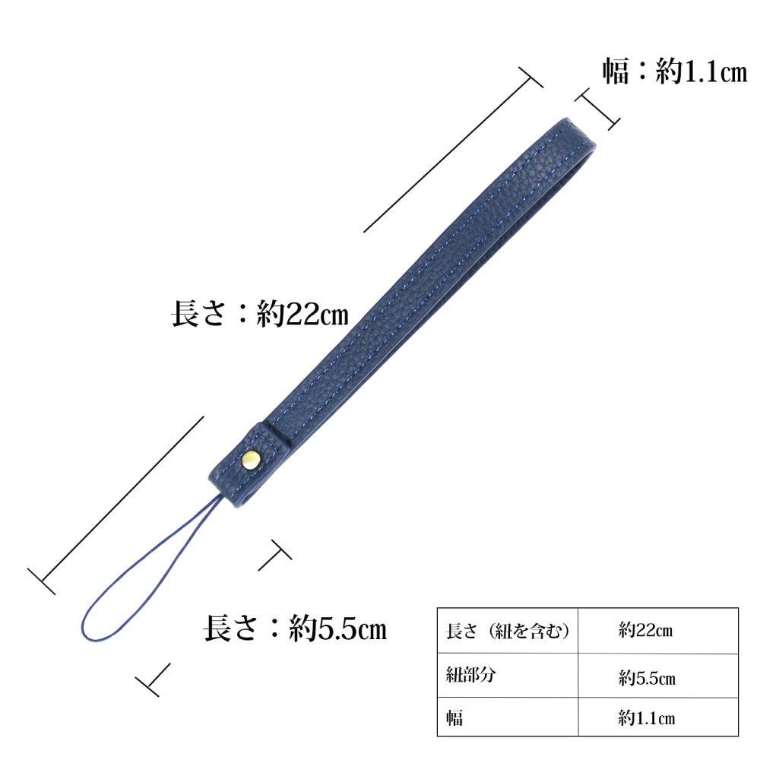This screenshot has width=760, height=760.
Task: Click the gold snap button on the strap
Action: coord(251,460)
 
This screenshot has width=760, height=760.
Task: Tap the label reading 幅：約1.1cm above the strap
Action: coord(675,71)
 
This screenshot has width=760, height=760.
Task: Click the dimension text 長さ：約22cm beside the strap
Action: coord(260,314)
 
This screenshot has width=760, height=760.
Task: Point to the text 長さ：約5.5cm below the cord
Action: coord(295,629)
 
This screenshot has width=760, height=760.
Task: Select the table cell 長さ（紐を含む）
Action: coord(508,631)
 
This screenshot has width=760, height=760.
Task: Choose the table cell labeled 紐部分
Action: coord(508,675)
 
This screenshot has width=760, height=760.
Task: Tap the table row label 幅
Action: coord(508,717)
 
